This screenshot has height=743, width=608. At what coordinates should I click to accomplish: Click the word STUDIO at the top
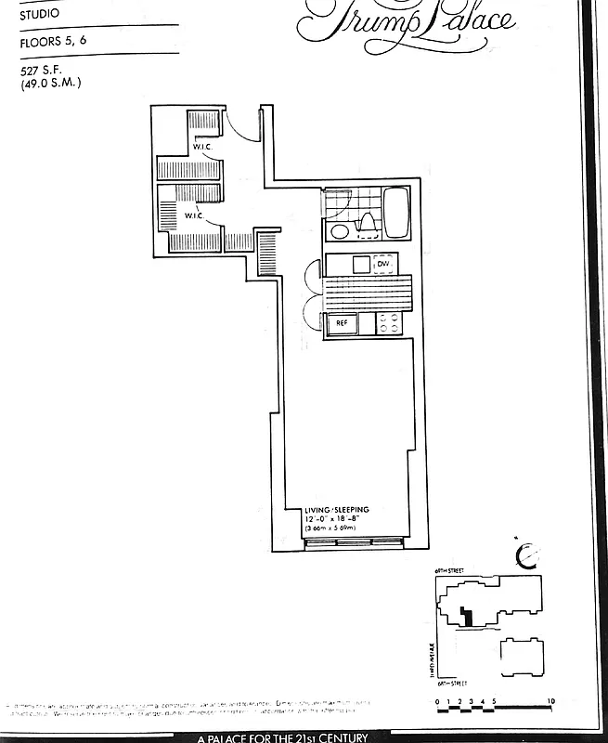[x=39, y=14]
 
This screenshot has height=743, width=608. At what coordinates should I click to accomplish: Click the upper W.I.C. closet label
[x=204, y=148]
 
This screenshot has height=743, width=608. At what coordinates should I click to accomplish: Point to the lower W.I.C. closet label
[x=194, y=215]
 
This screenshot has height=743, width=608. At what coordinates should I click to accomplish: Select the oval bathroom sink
[x=340, y=231]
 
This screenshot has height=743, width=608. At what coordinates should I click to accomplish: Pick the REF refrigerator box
[x=342, y=323]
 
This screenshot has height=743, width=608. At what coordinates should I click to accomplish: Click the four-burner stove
[x=388, y=323]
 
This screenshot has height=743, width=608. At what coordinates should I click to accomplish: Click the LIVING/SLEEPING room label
[x=337, y=510]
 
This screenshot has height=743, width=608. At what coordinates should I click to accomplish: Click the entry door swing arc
[x=239, y=126]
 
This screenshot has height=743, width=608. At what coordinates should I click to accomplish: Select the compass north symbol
[x=527, y=555]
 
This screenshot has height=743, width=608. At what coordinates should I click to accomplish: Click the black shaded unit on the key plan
[x=469, y=615]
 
